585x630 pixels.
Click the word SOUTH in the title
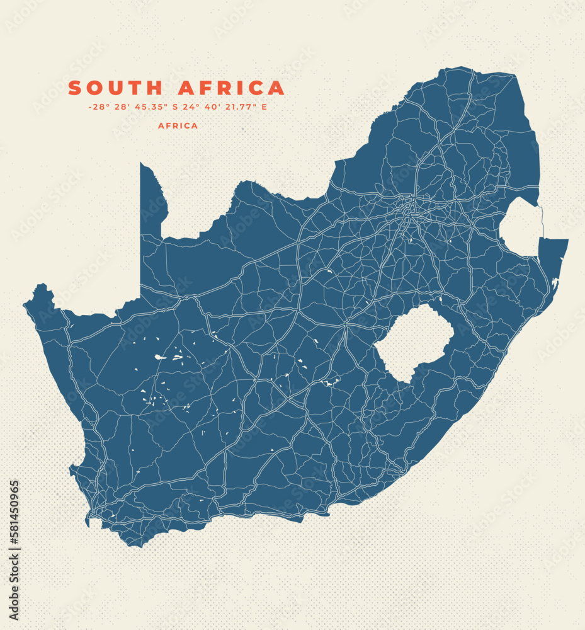click(x=116, y=88)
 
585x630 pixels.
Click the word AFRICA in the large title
click(x=231, y=88)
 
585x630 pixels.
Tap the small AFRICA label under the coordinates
click(x=178, y=126)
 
